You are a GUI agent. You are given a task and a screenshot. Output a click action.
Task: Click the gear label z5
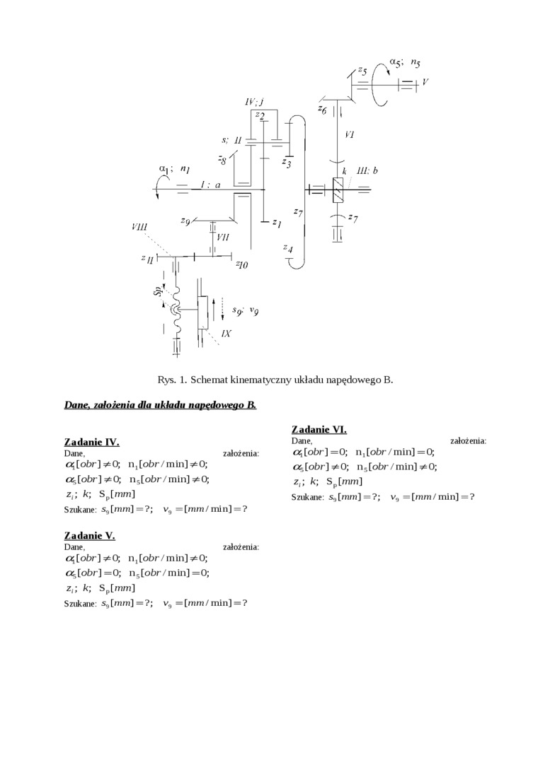(x=361, y=71)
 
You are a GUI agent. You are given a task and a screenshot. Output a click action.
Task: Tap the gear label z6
(x=322, y=109)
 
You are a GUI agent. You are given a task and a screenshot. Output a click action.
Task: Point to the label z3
(x=286, y=163)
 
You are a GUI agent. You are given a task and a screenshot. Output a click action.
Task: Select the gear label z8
(x=222, y=160)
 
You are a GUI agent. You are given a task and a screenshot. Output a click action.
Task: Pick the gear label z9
(x=185, y=221)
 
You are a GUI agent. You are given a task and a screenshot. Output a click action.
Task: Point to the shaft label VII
(x=222, y=237)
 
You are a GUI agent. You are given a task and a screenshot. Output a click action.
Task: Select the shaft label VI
(x=349, y=134)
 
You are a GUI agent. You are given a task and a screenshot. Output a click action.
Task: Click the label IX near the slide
(x=227, y=333)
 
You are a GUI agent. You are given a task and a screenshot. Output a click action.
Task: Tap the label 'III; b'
(x=367, y=170)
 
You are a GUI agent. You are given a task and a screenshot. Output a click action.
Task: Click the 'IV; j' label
(x=254, y=102)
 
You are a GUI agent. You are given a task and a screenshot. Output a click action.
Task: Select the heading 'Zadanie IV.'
(x=91, y=442)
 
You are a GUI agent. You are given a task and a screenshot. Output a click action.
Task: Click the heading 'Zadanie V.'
(x=89, y=535)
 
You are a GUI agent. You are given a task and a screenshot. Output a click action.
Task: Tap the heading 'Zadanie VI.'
(x=319, y=429)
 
